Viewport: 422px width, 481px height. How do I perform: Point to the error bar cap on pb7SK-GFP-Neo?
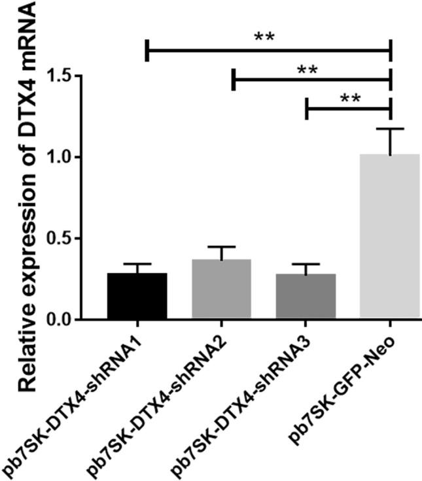390,129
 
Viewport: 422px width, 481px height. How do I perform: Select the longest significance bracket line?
268,50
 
